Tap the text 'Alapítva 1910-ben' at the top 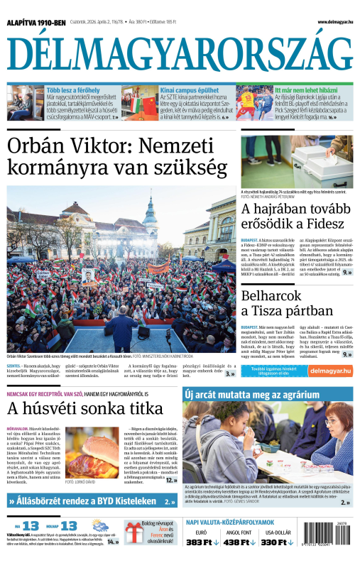(x=36, y=23)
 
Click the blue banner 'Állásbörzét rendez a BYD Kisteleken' (x=92, y=501)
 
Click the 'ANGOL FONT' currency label (x=239, y=532)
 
